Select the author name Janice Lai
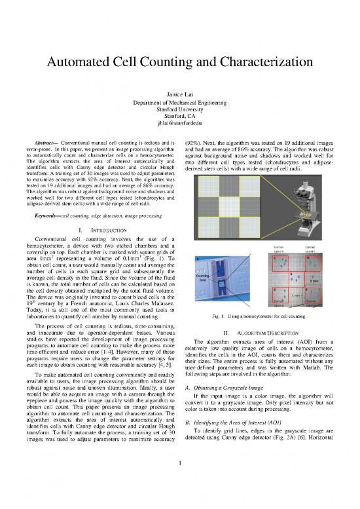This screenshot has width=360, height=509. (180, 96)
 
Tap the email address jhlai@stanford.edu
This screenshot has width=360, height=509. (180, 121)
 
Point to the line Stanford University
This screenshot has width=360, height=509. (180, 108)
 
